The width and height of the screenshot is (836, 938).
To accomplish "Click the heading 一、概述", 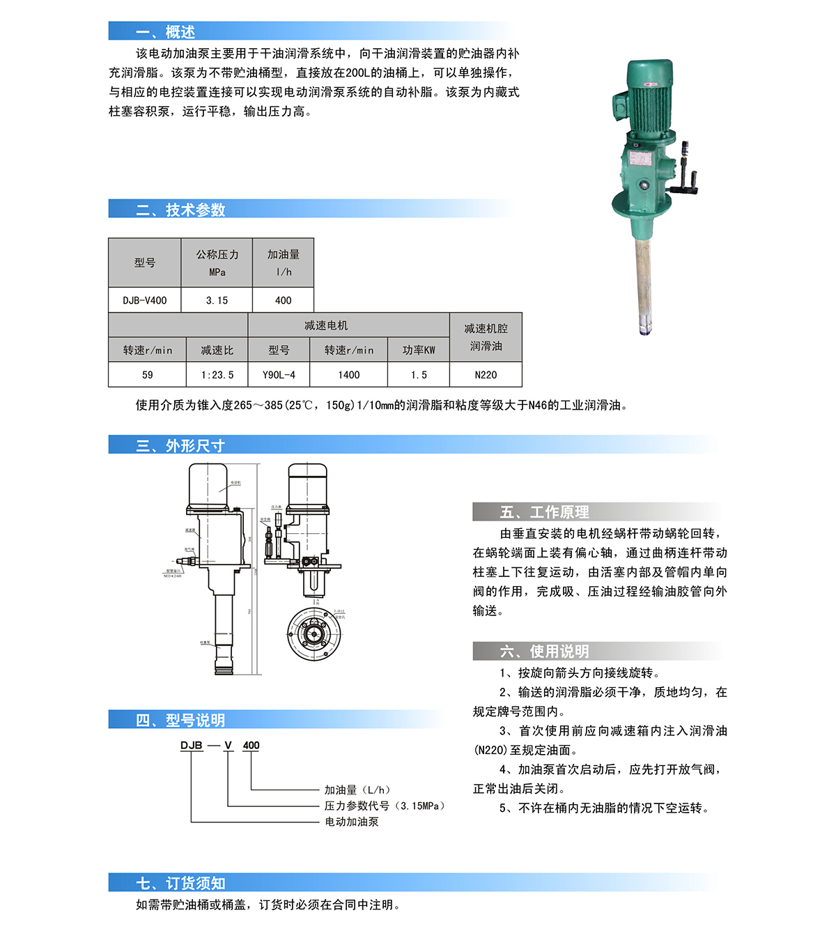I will pos(166,32).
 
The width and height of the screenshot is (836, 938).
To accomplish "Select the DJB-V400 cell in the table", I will pos(145,300).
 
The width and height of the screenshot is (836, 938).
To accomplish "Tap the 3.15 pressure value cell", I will pos(217,300).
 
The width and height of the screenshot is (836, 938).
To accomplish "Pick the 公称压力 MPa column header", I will pos(217,263).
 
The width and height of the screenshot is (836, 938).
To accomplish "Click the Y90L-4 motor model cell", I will pos(279,375).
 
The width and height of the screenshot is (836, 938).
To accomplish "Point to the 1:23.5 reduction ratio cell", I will pos(217,375).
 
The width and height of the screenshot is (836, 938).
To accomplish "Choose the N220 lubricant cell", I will pos(486,375).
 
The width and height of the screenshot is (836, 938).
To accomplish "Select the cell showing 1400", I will pos(349,375).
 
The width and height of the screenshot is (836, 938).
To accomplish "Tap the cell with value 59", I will pos(148,375).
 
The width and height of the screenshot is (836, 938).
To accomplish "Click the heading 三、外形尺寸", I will pos(180,446).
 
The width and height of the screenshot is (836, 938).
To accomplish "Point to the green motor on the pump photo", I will pos(649,98).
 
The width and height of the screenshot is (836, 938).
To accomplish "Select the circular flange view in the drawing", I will pos(314,633).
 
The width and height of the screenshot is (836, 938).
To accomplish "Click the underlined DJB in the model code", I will pos(191,746).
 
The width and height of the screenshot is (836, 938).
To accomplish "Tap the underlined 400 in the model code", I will pos(251,746).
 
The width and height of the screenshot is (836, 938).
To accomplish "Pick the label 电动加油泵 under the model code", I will pos(352,822).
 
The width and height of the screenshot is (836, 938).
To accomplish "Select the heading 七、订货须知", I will pos(180,884).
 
